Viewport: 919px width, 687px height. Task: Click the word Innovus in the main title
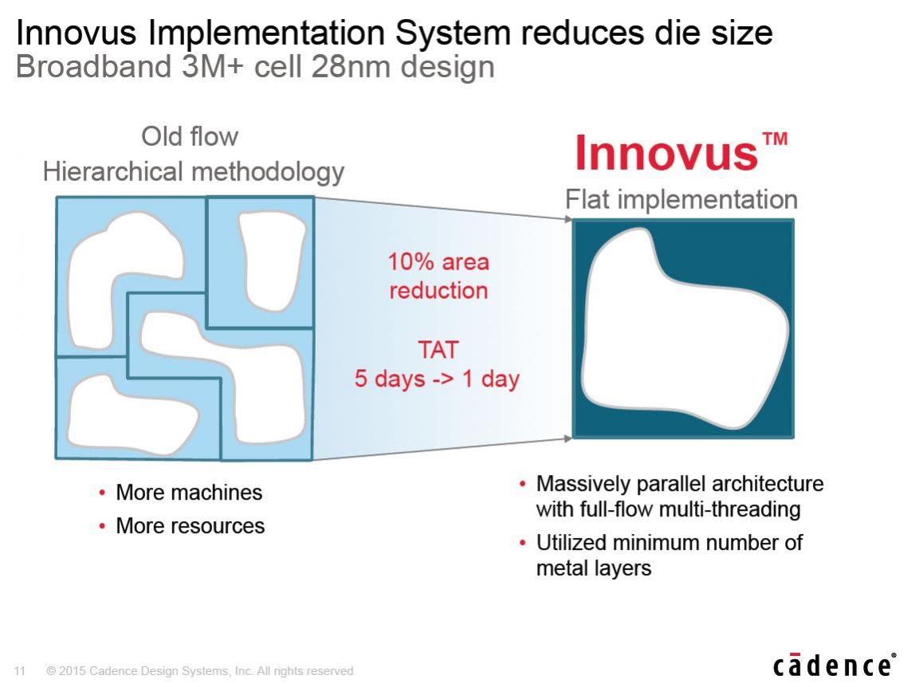click(x=77, y=32)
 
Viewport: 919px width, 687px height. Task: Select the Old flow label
click(x=190, y=136)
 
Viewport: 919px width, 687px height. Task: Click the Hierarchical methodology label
click(x=194, y=172)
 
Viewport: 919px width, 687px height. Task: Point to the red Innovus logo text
click(x=666, y=153)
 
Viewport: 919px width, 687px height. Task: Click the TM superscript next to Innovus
click(x=775, y=139)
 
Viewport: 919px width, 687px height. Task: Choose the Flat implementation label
click(x=681, y=199)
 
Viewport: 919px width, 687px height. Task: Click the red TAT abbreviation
click(x=438, y=350)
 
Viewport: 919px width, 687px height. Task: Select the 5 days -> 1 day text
click(x=437, y=379)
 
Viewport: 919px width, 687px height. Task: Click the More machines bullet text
click(x=189, y=493)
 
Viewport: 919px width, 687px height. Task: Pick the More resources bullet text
click(x=190, y=526)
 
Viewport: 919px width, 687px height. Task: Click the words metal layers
click(x=594, y=568)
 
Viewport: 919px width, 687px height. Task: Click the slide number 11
click(x=20, y=670)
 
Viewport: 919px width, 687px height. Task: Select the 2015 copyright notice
click(x=200, y=670)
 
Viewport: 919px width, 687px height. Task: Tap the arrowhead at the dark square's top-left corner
click(x=568, y=219)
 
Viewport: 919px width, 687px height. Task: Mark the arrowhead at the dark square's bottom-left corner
click(x=568, y=438)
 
